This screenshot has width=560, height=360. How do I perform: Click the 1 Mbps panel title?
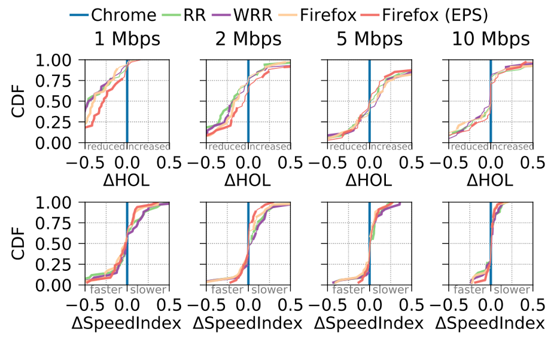(127, 39)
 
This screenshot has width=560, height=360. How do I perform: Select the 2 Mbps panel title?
(248, 39)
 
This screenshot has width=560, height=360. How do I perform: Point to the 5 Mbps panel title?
(369, 39)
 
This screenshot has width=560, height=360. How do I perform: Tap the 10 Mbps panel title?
(491, 39)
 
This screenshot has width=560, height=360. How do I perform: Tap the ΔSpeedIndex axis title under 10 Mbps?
(490, 323)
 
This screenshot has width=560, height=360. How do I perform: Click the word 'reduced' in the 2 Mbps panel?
(227, 147)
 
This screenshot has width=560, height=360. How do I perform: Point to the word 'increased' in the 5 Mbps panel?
(391, 147)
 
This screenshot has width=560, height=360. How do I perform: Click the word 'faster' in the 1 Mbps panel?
(106, 290)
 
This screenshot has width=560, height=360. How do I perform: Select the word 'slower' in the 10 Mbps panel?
(512, 290)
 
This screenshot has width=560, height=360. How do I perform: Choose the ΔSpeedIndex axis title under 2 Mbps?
(248, 323)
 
